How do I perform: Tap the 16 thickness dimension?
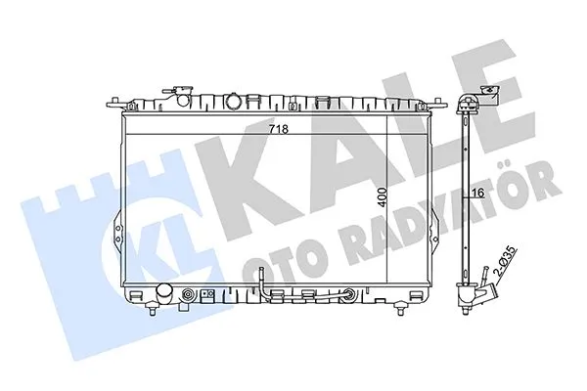pyautogui.click(x=479, y=195)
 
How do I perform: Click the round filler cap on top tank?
pyautogui.click(x=235, y=101)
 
